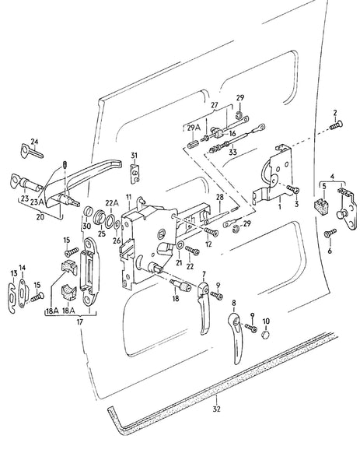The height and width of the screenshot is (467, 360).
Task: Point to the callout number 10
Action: [x=266, y=321]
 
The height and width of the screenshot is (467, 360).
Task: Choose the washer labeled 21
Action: [x=180, y=251]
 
